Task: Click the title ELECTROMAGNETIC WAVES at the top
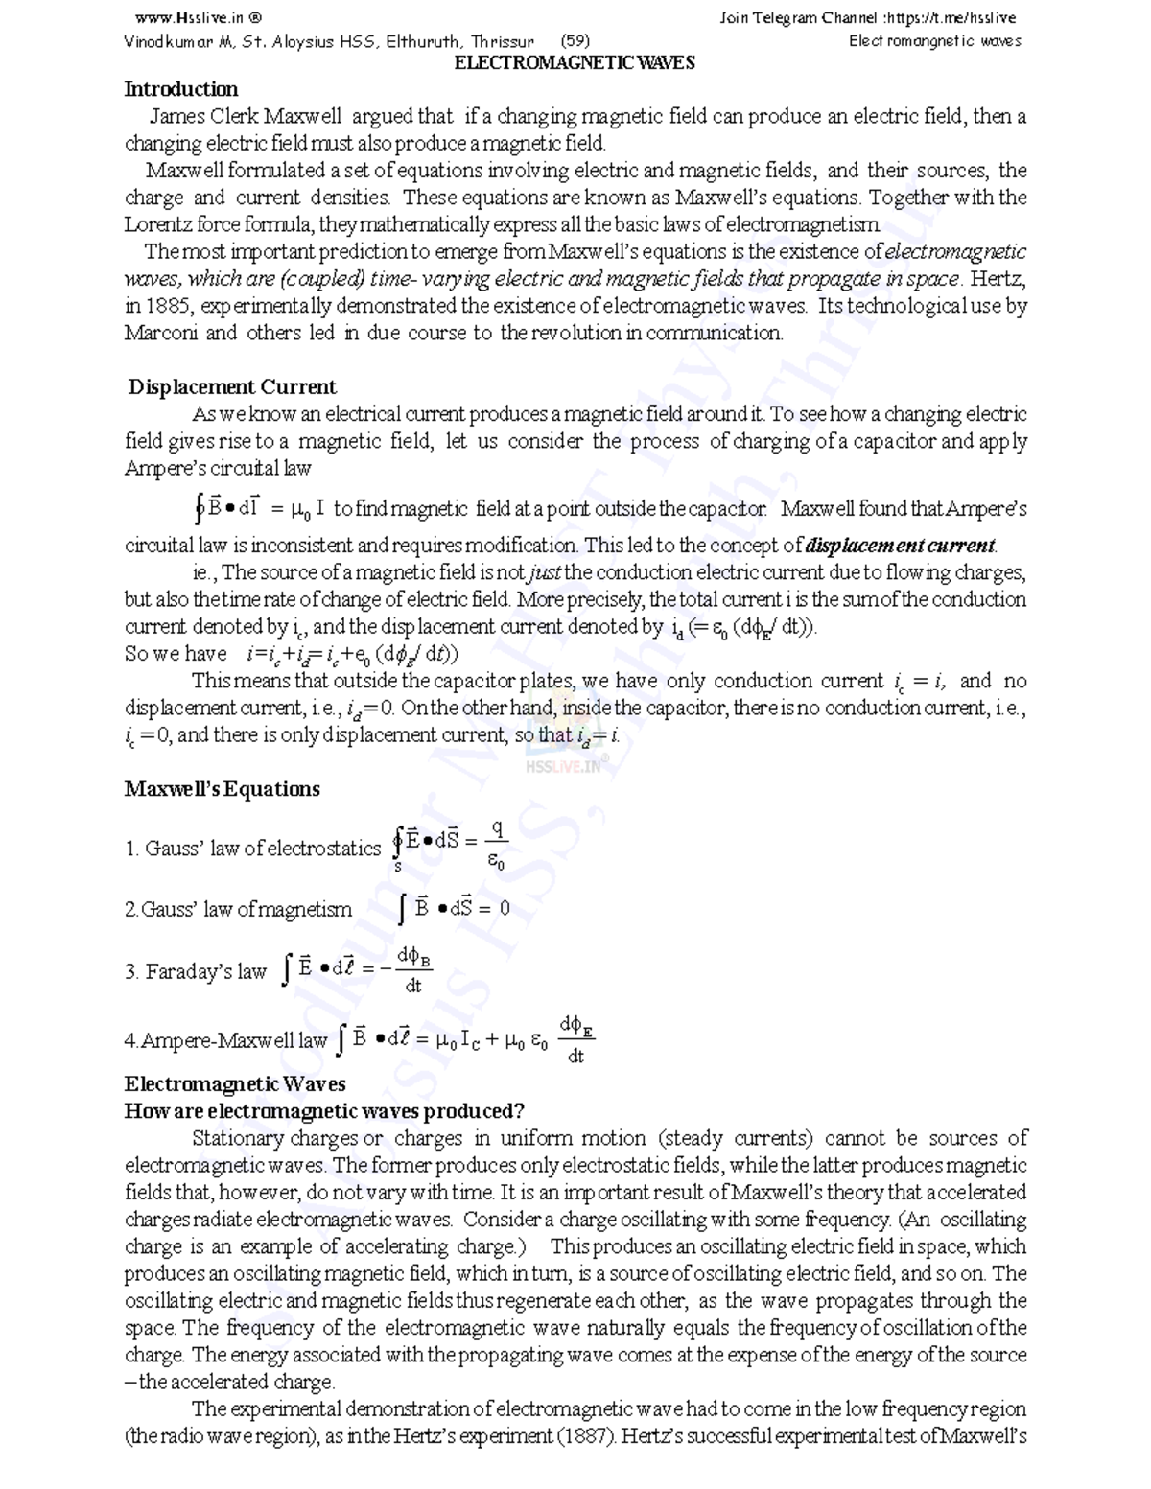coord(574,63)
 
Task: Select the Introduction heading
coord(181,89)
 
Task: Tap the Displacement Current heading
coord(232,387)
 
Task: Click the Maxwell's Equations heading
coord(223,789)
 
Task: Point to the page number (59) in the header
coord(575,41)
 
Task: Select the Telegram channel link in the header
coord(867,17)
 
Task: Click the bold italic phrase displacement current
coord(900,546)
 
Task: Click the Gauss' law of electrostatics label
coord(253,849)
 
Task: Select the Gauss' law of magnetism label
coord(238,909)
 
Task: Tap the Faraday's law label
coord(196,971)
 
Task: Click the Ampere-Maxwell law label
coord(226,1041)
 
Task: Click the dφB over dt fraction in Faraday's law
coord(413,969)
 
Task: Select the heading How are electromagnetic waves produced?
coord(324,1111)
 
